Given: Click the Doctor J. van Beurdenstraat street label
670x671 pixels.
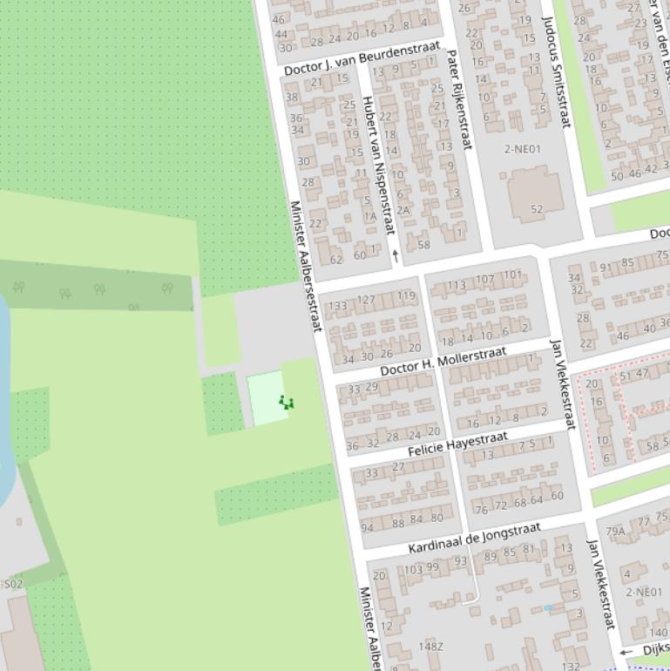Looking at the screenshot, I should [362, 58].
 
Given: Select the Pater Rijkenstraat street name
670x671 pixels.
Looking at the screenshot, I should [458, 99].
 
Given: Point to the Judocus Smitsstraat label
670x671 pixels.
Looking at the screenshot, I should [555, 71].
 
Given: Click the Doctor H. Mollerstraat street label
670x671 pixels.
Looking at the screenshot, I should [443, 360].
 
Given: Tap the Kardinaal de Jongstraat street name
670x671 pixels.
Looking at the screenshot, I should [475, 539].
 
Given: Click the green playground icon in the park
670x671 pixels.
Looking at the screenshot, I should [287, 403].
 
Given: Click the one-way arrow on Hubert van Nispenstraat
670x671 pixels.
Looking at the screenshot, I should [396, 255].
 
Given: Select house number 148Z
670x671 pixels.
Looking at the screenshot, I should [430, 647].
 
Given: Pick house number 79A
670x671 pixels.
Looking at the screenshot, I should [615, 531].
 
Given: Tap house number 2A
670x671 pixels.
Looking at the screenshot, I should [403, 210].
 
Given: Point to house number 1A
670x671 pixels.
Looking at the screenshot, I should [370, 217].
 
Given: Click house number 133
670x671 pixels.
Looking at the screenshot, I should [337, 306].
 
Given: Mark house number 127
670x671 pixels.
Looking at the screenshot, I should [366, 300].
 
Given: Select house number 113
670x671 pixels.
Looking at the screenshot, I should [456, 286].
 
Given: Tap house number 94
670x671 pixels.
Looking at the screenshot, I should [367, 526].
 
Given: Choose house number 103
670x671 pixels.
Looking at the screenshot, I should [413, 569].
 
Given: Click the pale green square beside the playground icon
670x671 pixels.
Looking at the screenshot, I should [265, 398].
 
